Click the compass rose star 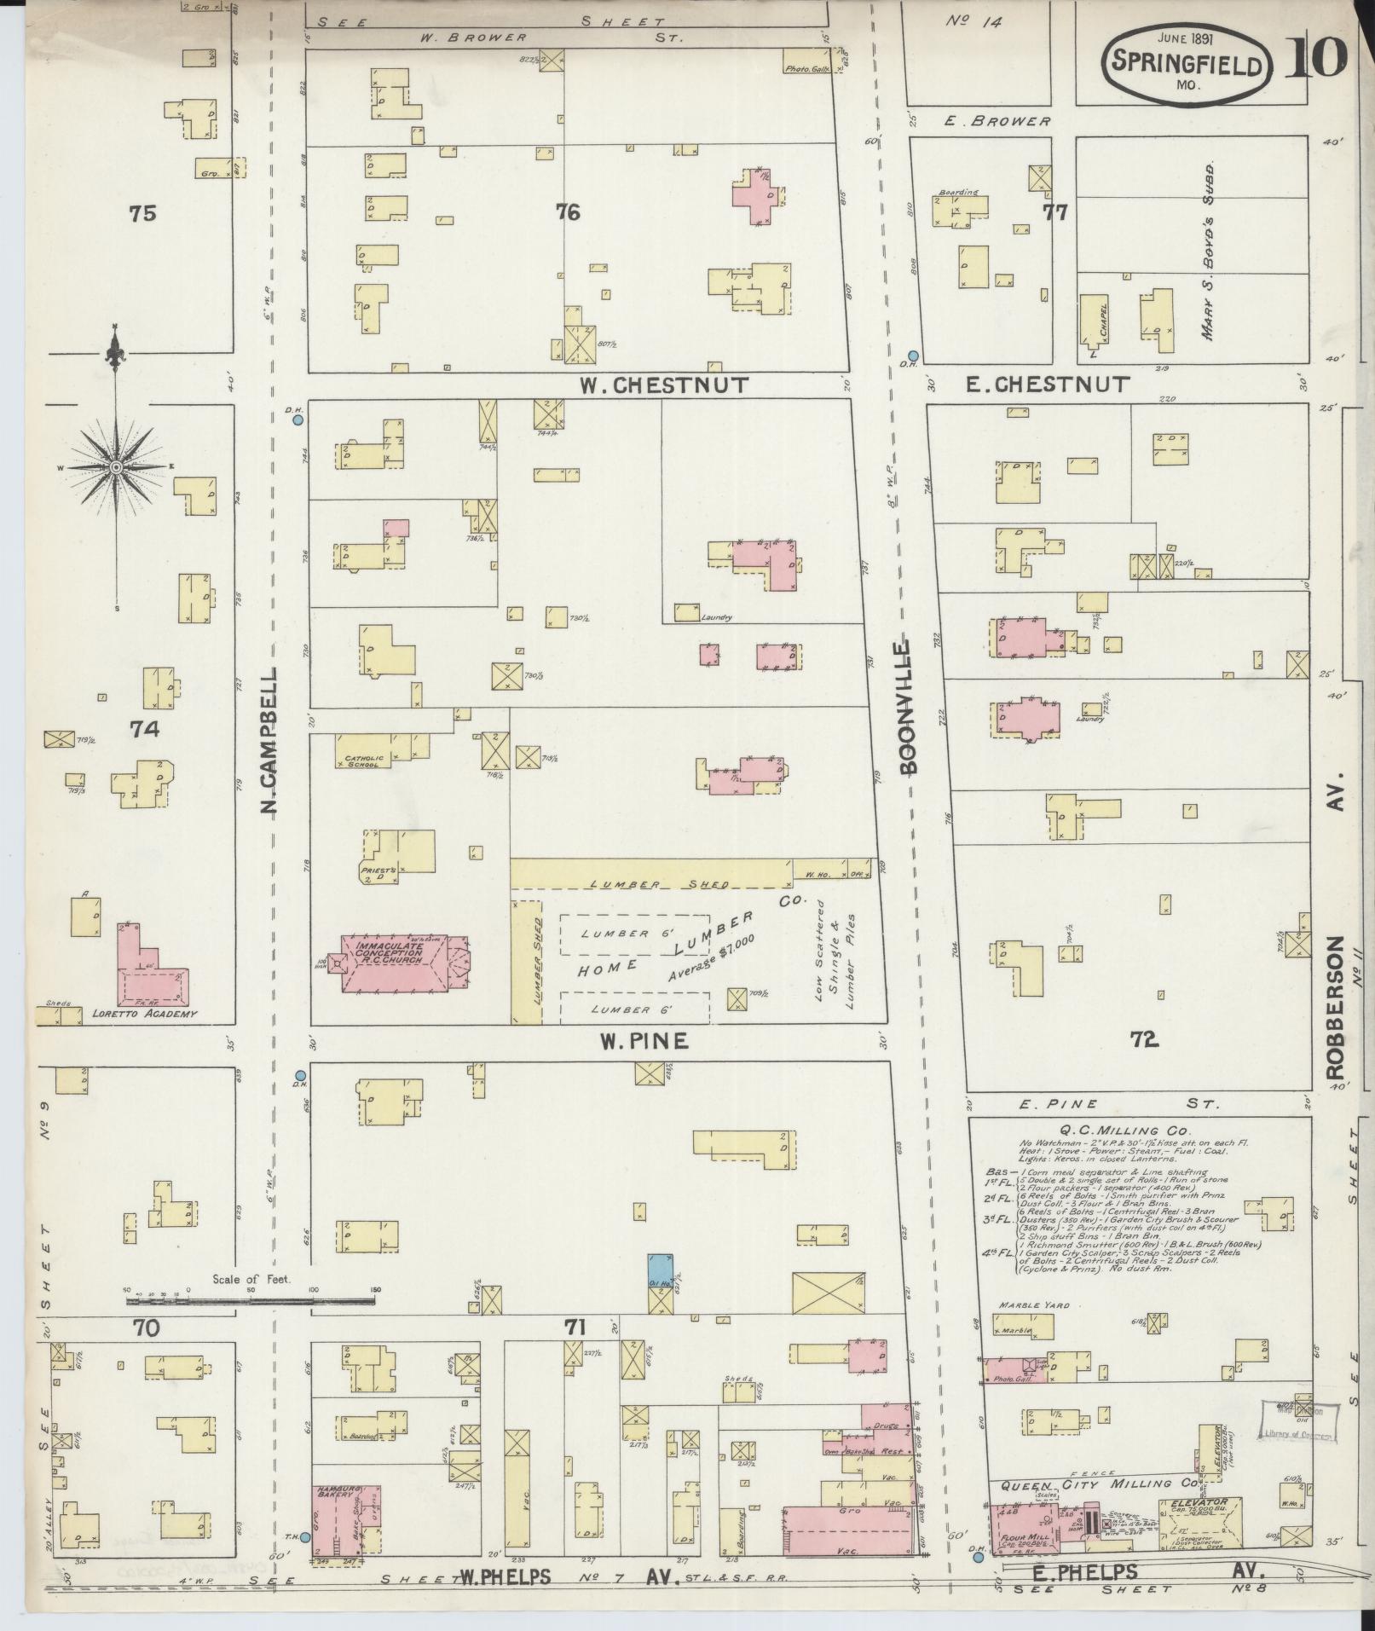(115, 466)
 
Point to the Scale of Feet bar (251, 1326)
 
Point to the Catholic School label (365, 761)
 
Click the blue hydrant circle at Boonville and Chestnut (913, 356)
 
